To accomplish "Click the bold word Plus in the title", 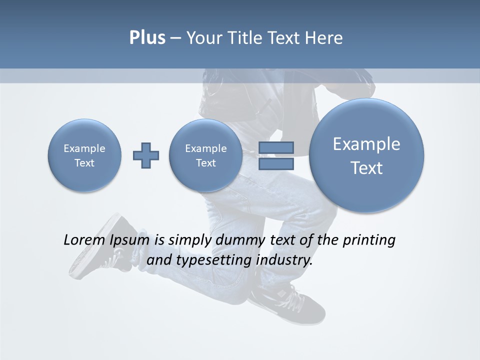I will click(x=147, y=38).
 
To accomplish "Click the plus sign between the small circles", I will click(x=146, y=155).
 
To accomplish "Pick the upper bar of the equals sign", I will click(x=276, y=147).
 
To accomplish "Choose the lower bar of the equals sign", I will click(x=276, y=163).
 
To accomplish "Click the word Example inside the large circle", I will click(x=366, y=144).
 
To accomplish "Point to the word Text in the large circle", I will click(x=366, y=168).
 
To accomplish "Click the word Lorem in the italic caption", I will click(x=84, y=240).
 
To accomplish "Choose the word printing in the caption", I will click(x=368, y=240).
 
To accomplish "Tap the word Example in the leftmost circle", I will click(x=84, y=148).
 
